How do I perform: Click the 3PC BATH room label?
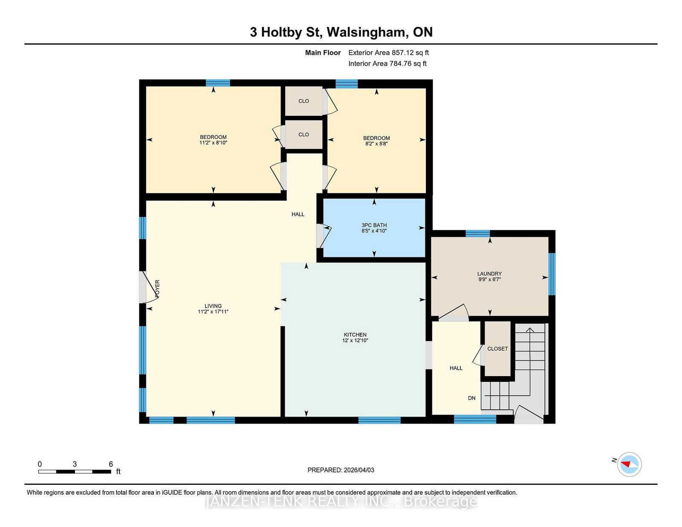pyautogui.click(x=374, y=225)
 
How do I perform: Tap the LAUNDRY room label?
pyautogui.click(x=489, y=274)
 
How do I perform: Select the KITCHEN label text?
pyautogui.click(x=355, y=335)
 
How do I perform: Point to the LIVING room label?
pyautogui.click(x=213, y=306)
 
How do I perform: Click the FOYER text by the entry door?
pyautogui.click(x=157, y=288)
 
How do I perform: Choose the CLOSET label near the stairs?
pyautogui.click(x=497, y=348)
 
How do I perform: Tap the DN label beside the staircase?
pyautogui.click(x=472, y=398)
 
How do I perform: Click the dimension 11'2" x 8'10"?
pyautogui.click(x=213, y=143)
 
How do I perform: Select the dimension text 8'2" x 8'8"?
pyautogui.click(x=376, y=144)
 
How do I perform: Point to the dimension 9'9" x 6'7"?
pyautogui.click(x=489, y=279)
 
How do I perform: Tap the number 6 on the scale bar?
pyautogui.click(x=110, y=464)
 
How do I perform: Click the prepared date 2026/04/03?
pyautogui.click(x=359, y=470)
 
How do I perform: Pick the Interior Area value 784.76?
pyautogui.click(x=401, y=63)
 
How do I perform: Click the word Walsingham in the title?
pyautogui.click(x=366, y=32)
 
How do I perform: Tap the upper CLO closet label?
pyautogui.click(x=303, y=101)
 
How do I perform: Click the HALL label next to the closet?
pyautogui.click(x=456, y=368)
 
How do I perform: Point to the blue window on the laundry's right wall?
pyautogui.click(x=552, y=274)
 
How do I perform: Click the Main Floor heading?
pyautogui.click(x=323, y=53)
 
